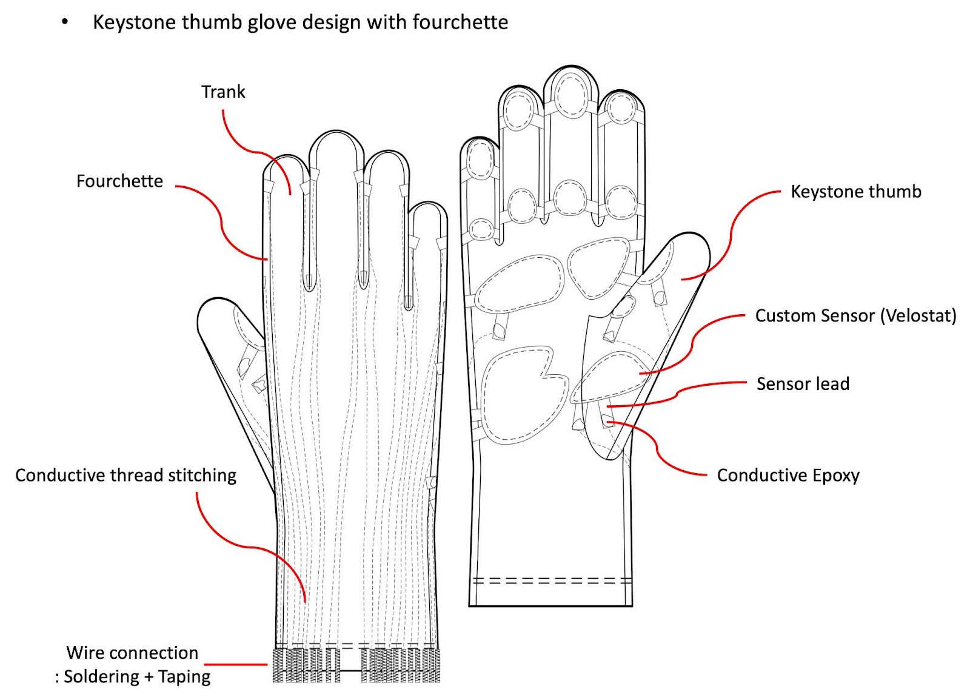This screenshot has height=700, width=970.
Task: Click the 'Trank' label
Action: point(223,92)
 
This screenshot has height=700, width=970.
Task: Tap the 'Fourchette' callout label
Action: point(119,181)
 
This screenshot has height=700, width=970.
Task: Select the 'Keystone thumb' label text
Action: point(855,192)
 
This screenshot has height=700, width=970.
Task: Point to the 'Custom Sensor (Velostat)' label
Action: point(855,316)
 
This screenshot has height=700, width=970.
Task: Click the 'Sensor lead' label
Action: point(803,384)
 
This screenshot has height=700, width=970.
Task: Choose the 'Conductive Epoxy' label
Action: point(788,476)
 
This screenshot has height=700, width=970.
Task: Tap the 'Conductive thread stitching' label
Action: point(125,475)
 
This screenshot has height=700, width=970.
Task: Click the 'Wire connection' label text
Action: point(132,653)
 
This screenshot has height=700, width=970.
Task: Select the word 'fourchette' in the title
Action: point(460,22)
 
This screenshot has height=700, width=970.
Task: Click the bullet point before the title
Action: point(65,23)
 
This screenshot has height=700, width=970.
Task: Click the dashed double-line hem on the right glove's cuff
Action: point(552,581)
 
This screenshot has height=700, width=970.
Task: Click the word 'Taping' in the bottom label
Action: point(184,676)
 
